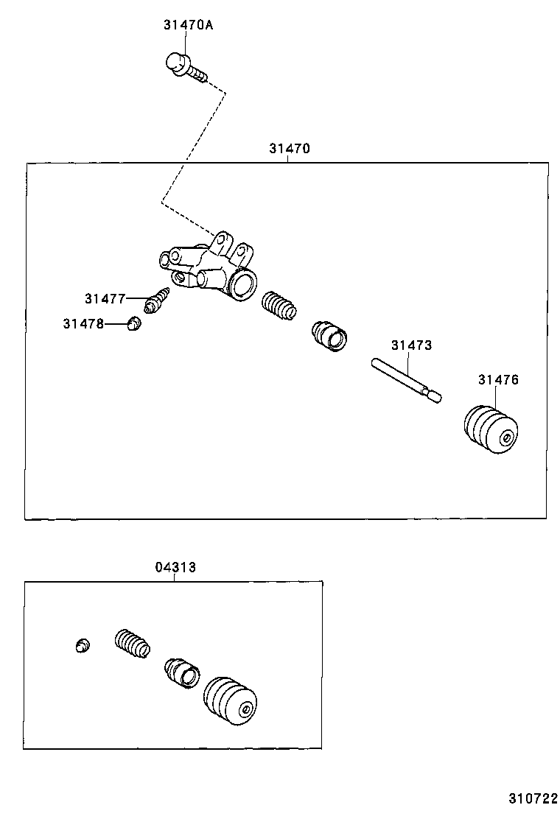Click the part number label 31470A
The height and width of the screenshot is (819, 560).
tap(188, 25)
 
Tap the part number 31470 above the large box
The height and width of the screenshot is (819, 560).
tap(289, 148)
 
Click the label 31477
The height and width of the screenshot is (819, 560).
tap(105, 298)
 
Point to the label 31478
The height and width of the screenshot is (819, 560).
tap(83, 323)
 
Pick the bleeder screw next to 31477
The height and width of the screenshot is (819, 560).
tap(158, 300)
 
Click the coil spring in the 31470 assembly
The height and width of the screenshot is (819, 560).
tap(279, 306)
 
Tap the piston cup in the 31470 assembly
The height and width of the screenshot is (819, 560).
tap(329, 335)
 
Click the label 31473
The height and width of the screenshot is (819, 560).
tap(411, 345)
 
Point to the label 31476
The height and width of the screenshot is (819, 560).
tap(498, 380)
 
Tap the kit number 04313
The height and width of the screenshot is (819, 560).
tap(175, 567)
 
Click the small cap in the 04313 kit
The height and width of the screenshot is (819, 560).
tap(83, 645)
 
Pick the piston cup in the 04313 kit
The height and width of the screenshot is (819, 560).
tap(182, 671)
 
